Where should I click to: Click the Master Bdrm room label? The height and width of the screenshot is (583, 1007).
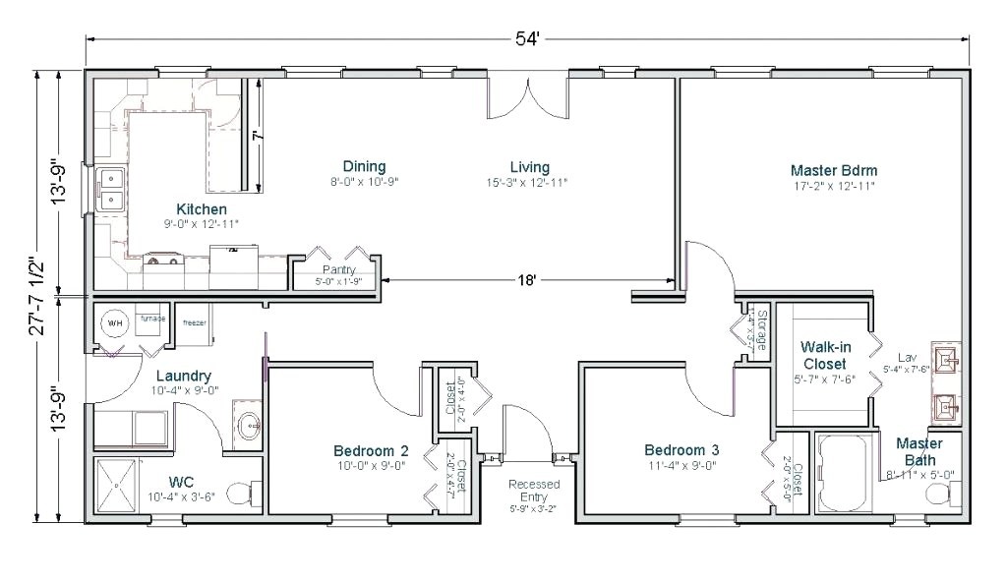(833, 169)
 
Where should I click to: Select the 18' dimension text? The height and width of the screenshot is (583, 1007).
(528, 281)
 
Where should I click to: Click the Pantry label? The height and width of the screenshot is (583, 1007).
(338, 269)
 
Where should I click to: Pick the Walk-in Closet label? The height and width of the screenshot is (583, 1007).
(823, 356)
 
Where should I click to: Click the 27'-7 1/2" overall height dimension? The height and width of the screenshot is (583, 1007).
(36, 297)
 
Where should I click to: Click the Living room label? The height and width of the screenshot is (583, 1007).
(529, 167)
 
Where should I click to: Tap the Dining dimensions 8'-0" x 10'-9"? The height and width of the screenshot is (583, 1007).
(364, 182)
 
